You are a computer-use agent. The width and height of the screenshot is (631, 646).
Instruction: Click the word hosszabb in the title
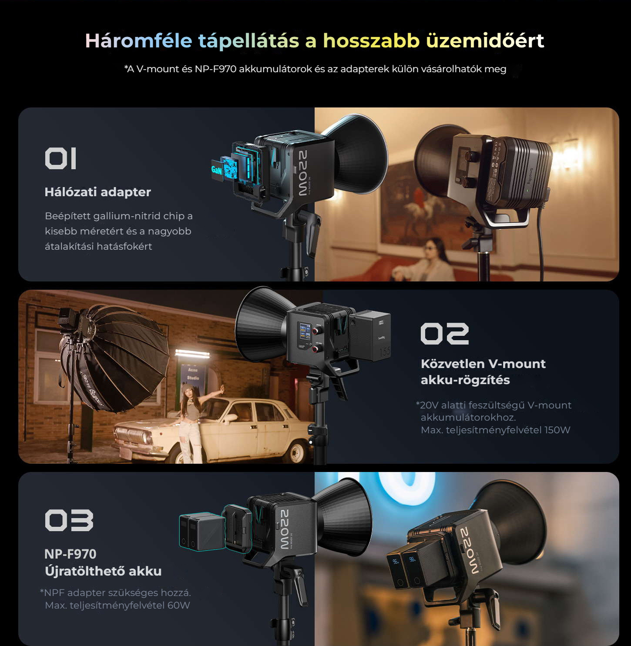pos(371,40)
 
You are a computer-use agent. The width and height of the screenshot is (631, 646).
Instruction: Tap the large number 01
pos(60,158)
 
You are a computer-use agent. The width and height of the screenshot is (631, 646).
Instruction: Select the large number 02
pos(445,333)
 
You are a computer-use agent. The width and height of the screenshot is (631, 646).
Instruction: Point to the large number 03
pos(69,520)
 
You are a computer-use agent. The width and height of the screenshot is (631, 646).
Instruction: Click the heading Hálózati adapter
pos(97,192)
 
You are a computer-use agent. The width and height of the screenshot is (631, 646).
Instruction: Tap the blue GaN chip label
pos(217,170)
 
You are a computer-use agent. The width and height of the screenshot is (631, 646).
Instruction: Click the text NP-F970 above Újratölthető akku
pos(70,554)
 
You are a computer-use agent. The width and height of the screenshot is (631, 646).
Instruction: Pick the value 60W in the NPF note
pos(178,605)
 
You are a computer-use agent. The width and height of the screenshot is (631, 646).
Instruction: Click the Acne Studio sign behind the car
pos(193,373)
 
